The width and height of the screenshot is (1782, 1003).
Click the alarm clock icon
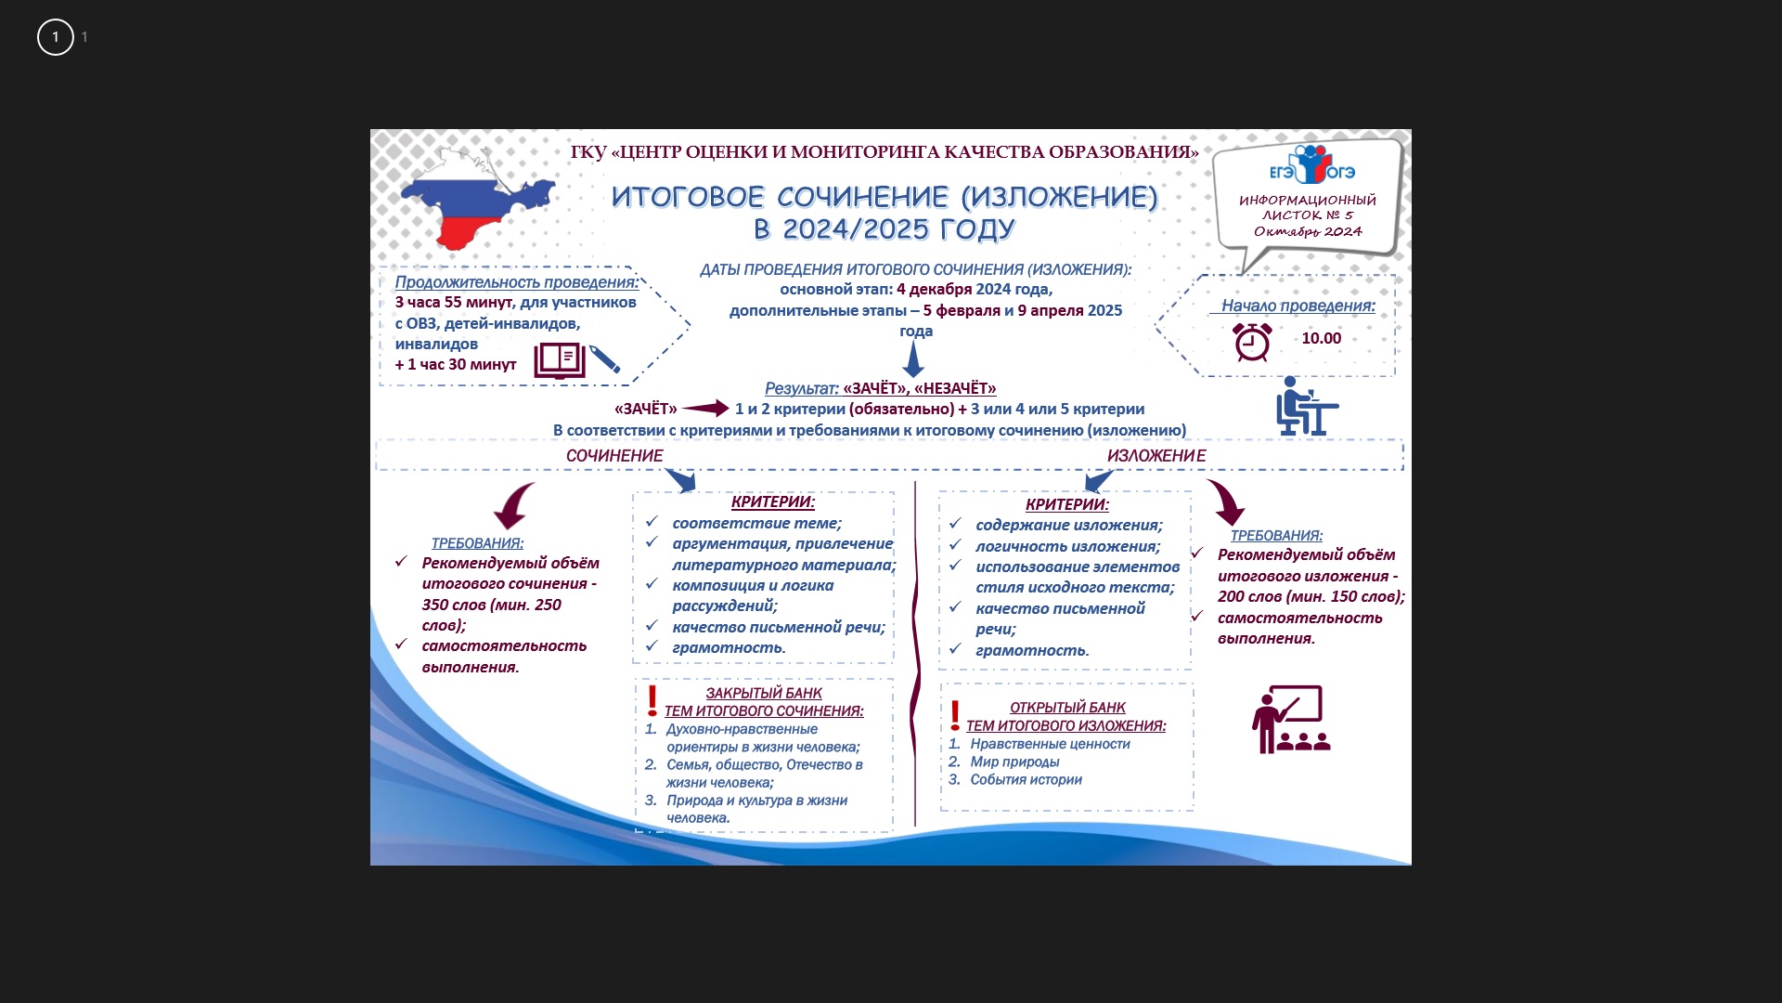[1252, 342]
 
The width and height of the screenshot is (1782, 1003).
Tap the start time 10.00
[1321, 339]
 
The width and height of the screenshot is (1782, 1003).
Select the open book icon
[560, 360]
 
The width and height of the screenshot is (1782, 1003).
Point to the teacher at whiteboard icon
[1290, 719]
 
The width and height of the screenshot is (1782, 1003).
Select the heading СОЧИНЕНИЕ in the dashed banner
[614, 456]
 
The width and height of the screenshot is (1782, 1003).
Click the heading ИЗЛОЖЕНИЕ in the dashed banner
[1156, 456]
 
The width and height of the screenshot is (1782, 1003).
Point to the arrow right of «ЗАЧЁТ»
[705, 409]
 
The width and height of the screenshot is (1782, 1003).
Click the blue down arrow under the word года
[913, 358]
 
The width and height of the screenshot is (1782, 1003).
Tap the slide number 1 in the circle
[56, 37]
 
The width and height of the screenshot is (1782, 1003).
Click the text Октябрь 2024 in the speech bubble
[1308, 232]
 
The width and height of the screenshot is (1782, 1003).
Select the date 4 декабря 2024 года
[974, 290]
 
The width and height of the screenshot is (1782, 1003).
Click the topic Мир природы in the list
[1014, 762]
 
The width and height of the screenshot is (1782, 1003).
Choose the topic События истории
[1026, 780]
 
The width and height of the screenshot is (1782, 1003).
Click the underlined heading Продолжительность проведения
[517, 282]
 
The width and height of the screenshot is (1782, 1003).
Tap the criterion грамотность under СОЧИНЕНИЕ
[729, 648]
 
